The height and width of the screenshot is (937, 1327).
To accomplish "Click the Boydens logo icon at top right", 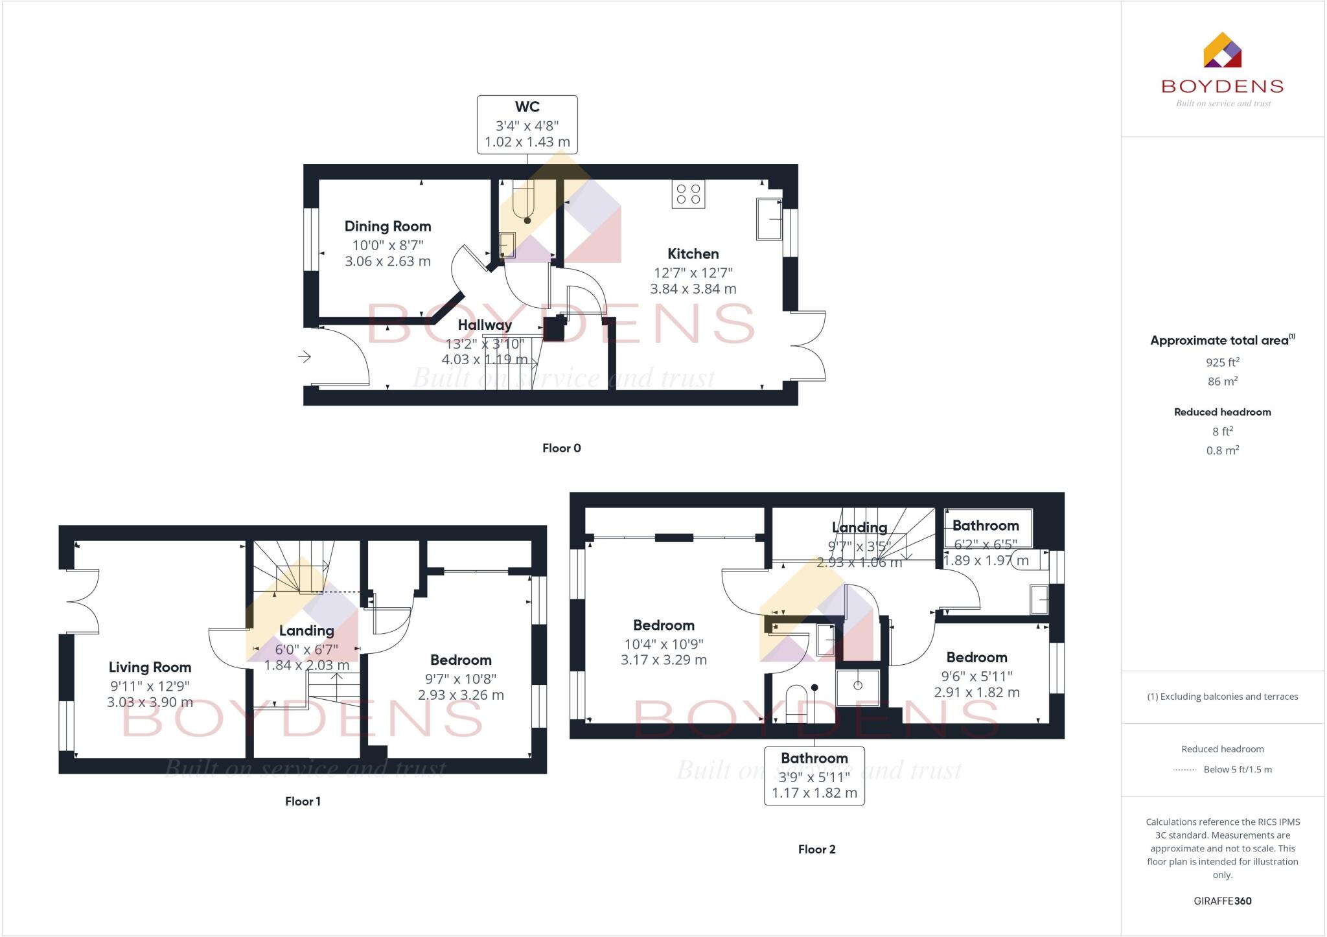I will click(x=1222, y=50).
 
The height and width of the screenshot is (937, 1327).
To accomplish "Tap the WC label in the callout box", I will click(x=527, y=107).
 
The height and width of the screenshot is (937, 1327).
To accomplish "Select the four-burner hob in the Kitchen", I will click(x=688, y=194).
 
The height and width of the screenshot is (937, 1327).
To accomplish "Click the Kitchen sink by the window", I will click(x=768, y=220).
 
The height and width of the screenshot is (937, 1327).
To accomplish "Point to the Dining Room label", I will click(x=387, y=226).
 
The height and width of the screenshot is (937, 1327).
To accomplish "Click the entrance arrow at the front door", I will click(x=305, y=356).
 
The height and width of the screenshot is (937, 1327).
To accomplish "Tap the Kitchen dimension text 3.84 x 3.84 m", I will click(x=693, y=289).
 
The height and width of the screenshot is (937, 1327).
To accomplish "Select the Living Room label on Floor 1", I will click(x=150, y=667).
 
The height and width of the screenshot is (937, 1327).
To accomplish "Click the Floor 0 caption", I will click(x=561, y=448).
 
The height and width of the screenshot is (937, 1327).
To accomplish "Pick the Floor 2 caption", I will click(x=816, y=849).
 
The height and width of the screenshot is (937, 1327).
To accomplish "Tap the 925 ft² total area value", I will click(x=1222, y=362).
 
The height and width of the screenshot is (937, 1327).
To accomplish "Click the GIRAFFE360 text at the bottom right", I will click(x=1222, y=901).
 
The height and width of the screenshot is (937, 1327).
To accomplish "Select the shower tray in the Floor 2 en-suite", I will click(x=858, y=687).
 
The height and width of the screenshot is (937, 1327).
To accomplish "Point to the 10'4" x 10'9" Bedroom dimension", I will click(x=663, y=644).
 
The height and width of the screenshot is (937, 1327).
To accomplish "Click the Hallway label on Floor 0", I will click(x=485, y=325).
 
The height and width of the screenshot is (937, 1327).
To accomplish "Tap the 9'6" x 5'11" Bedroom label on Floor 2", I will click(x=976, y=657).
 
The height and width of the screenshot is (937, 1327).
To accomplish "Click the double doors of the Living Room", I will click(x=83, y=601).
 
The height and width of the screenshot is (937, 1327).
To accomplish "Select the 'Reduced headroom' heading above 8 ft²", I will click(x=1222, y=412).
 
